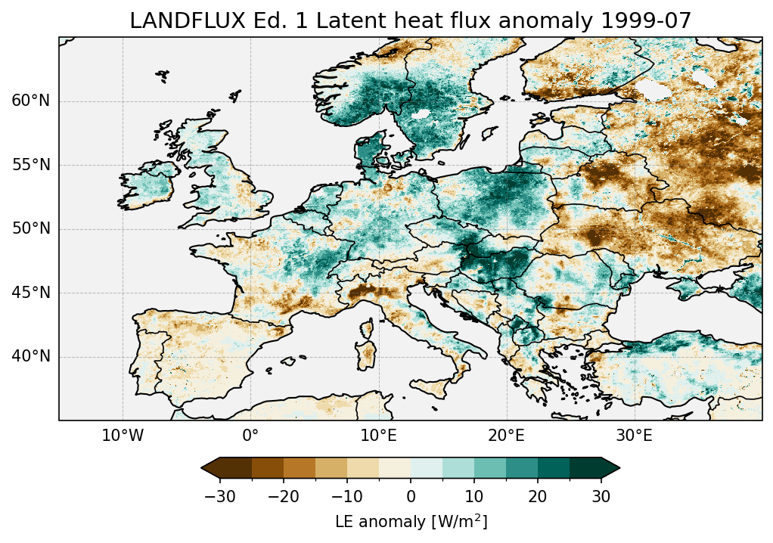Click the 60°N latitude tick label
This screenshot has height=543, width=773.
click(x=31, y=101)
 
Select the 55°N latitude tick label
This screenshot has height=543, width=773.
click(x=31, y=165)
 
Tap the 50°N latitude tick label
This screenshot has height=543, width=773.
click(x=31, y=229)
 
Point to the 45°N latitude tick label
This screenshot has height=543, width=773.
click(x=31, y=293)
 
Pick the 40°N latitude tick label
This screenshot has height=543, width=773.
click(x=31, y=356)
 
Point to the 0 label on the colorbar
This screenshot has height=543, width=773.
click(x=411, y=496)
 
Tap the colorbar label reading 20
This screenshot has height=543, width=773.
click(x=538, y=496)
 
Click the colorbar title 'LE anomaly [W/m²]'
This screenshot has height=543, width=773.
click(x=411, y=522)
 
